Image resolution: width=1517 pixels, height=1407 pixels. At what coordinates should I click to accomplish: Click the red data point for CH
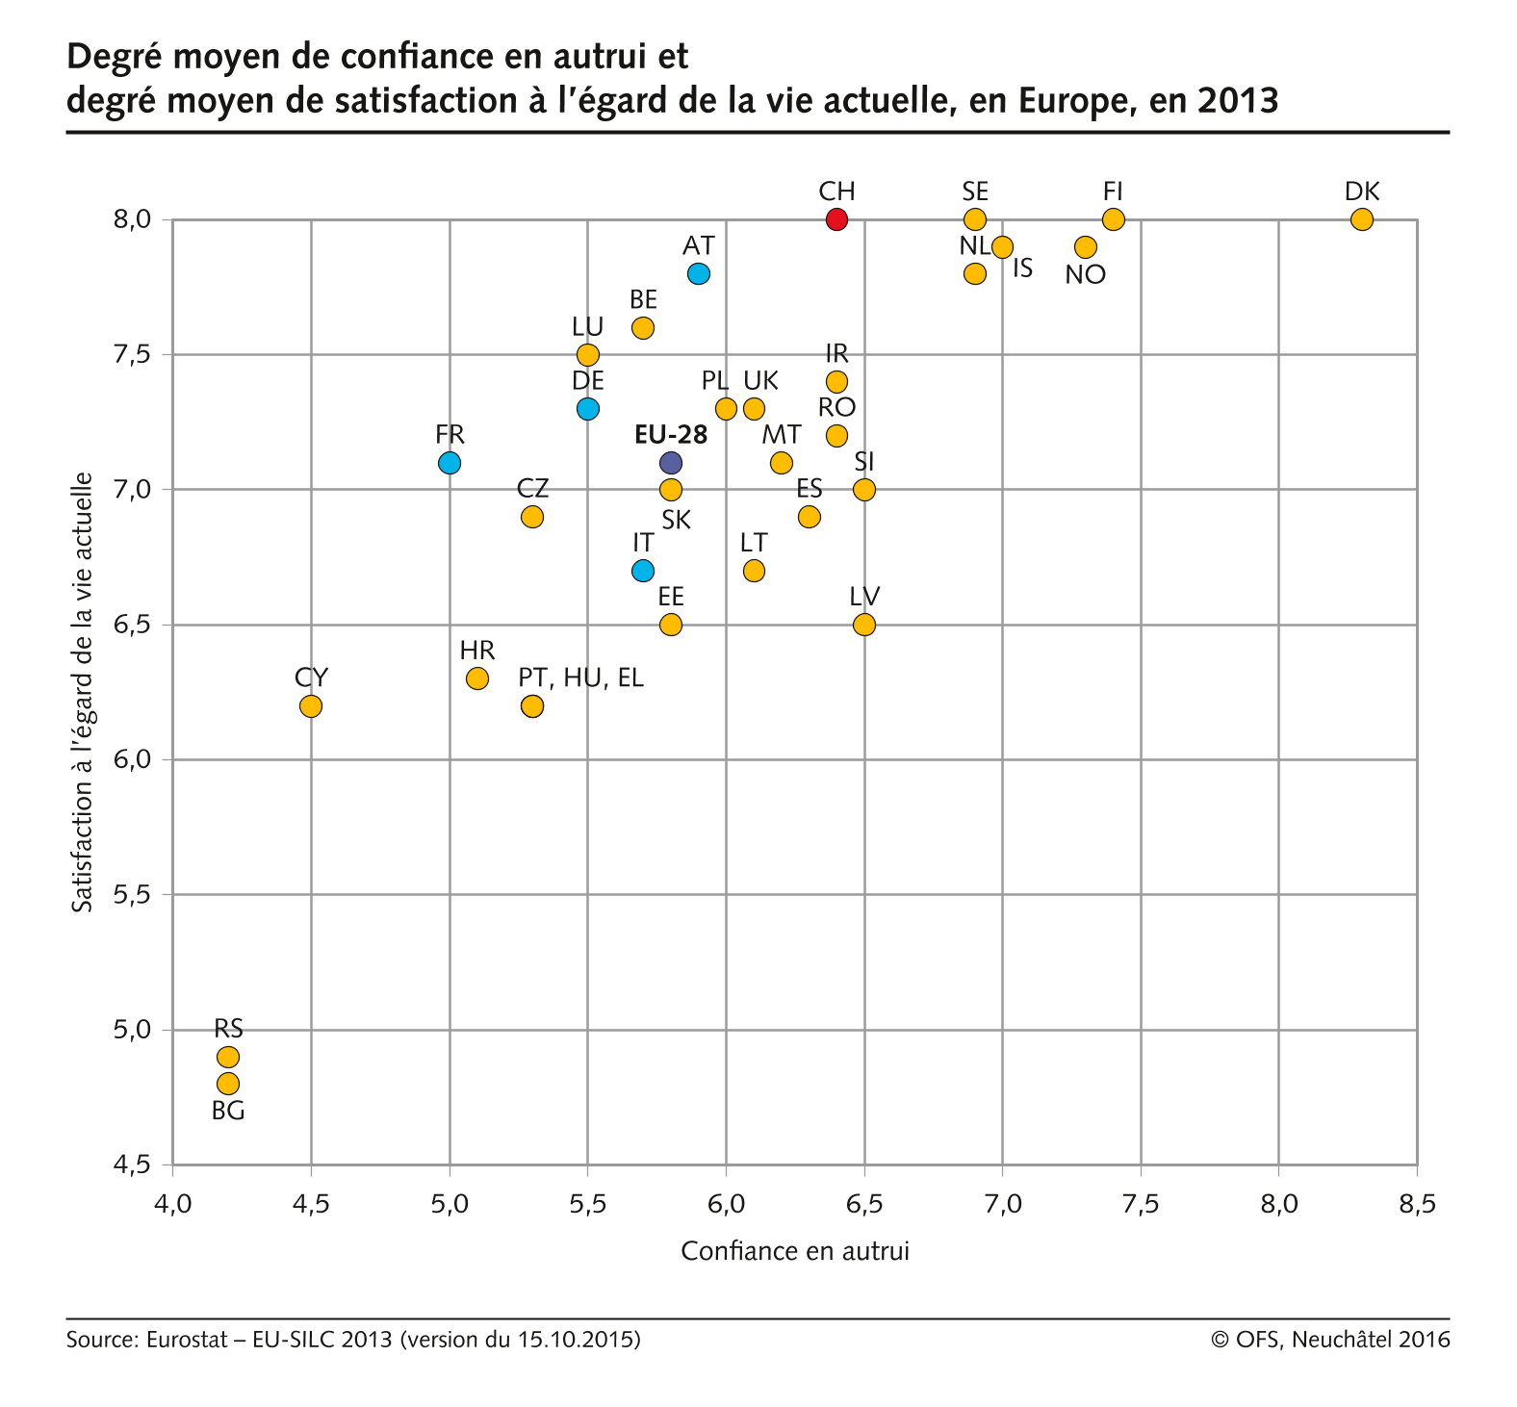[836, 219]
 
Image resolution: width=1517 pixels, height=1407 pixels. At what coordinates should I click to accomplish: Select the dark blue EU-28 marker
[671, 463]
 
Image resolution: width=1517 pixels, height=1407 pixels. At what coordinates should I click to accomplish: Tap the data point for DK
[1361, 219]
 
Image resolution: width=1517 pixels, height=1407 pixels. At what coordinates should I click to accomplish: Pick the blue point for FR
[449, 463]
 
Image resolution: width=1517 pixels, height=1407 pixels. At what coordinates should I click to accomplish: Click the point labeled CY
[310, 706]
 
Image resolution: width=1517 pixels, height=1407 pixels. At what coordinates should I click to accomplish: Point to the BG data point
[228, 1084]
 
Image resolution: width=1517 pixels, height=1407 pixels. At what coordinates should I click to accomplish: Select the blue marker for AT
[699, 273]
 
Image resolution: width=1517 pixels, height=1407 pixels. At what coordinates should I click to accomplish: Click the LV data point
[864, 625]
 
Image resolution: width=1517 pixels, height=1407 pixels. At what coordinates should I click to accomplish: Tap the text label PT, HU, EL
[580, 678]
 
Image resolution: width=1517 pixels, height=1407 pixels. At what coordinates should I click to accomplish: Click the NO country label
[1086, 275]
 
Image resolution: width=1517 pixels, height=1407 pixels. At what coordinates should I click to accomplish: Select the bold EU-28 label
[671, 435]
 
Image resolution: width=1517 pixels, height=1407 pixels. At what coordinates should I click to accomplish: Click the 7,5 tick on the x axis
[1141, 1204]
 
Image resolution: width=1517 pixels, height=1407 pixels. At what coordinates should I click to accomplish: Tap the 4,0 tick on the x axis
[173, 1204]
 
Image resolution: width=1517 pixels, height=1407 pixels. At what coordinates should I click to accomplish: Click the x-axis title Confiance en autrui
[795, 1251]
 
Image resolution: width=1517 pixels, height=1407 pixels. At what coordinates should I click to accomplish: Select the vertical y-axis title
[84, 692]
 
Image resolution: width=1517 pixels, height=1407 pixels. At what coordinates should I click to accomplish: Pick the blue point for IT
[643, 571]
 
